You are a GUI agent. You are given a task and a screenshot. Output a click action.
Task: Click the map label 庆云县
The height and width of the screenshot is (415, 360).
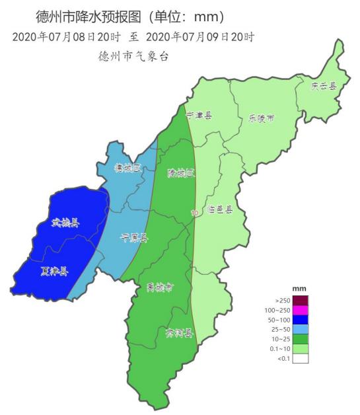pos(324,86)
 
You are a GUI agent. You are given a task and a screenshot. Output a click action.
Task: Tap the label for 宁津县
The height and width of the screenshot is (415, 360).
pos(199,115)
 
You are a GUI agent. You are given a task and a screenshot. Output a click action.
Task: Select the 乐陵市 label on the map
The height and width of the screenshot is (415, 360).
pos(261,119)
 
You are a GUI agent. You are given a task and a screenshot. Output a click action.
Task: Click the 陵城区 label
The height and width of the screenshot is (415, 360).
pos(181,174)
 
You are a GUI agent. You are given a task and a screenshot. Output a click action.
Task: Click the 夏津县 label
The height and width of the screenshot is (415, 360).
pos(54,271)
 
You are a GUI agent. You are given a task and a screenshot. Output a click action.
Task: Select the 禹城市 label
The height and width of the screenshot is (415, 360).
pos(160,287)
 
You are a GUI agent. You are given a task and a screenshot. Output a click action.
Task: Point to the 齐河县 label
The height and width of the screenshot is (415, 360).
pos(178,333)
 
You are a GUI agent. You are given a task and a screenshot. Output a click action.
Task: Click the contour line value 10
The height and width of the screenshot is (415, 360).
pos(194,213)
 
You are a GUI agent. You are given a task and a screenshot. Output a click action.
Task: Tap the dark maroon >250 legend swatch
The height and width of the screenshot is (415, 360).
pos(301,301)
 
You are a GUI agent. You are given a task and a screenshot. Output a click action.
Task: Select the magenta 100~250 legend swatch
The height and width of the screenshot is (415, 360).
pos(301,310)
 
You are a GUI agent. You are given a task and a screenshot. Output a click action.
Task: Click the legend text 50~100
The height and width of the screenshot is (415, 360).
pos(278,320)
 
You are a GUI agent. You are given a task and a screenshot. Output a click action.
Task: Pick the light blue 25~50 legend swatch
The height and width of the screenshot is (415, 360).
pos(301,329)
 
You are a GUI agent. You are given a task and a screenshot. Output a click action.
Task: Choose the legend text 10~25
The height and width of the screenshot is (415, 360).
pos(279,339)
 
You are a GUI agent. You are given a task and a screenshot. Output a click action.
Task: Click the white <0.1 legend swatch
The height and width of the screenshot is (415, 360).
pos(301,358)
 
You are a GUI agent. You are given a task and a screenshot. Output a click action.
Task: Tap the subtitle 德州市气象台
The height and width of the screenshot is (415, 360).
pos(133,56)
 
